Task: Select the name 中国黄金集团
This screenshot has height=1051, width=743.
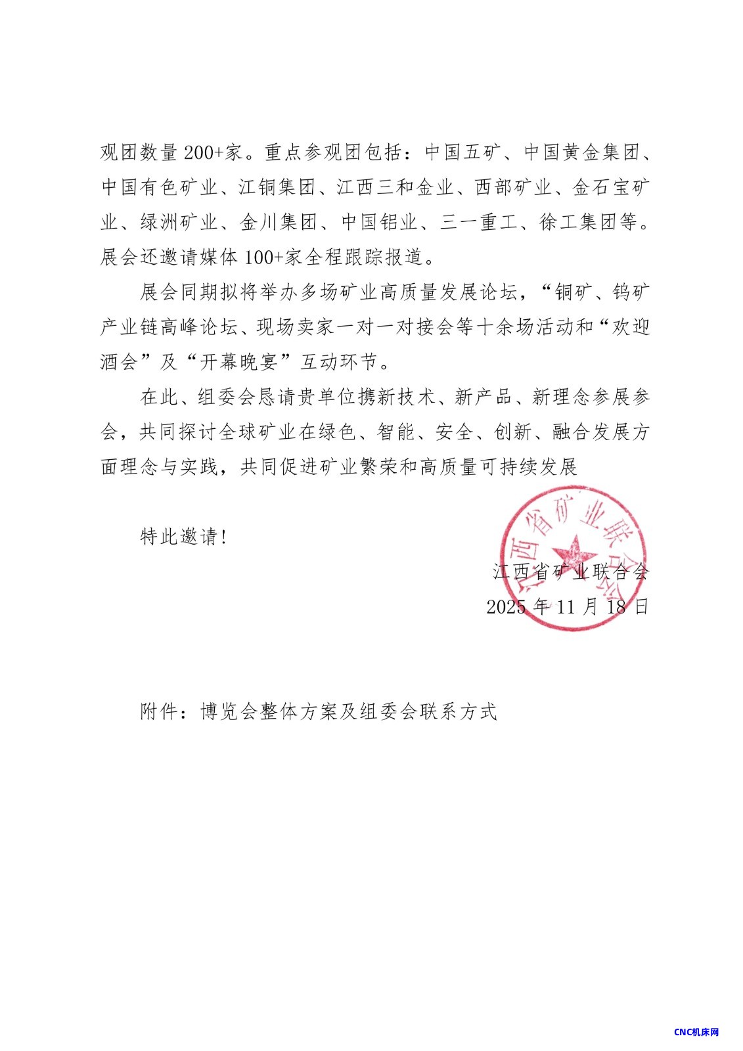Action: coord(581,153)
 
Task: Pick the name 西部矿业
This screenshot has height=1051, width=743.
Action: coord(513,188)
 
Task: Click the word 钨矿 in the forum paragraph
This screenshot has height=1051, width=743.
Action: coord(631,292)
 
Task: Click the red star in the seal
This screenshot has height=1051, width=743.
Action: coord(573,552)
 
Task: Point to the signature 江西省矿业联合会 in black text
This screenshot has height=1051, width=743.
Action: coord(570,571)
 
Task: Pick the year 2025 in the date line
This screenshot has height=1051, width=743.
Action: coord(506,606)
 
